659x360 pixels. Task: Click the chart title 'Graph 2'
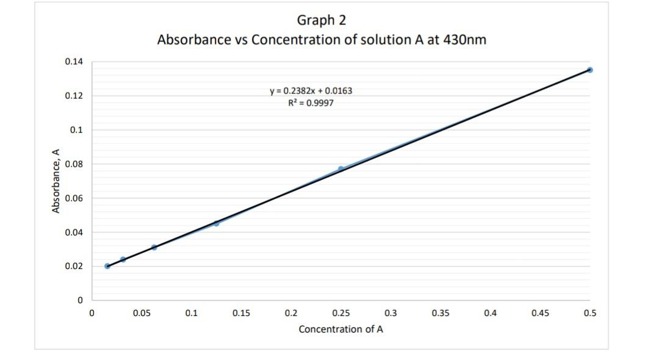(322, 20)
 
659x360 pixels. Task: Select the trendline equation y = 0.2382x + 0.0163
(311, 91)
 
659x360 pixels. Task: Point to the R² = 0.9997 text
(311, 103)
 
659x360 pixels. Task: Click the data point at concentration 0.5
(589, 70)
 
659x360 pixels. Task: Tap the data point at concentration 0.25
(341, 169)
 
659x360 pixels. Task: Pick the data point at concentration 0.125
(216, 223)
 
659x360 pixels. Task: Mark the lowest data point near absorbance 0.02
(107, 266)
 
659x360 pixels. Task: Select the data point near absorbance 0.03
(154, 247)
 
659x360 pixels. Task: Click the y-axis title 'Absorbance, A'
(56, 184)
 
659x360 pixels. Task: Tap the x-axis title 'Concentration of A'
(341, 329)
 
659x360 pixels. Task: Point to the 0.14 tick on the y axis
(73, 62)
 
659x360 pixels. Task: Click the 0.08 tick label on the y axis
(73, 164)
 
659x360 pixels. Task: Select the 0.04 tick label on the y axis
(73, 232)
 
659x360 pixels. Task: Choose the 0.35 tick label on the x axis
(441, 313)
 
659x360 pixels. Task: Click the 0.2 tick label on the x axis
(291, 313)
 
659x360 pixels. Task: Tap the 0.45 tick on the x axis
(540, 313)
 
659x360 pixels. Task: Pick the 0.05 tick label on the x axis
(142, 313)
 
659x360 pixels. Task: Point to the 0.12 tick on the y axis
(73, 96)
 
